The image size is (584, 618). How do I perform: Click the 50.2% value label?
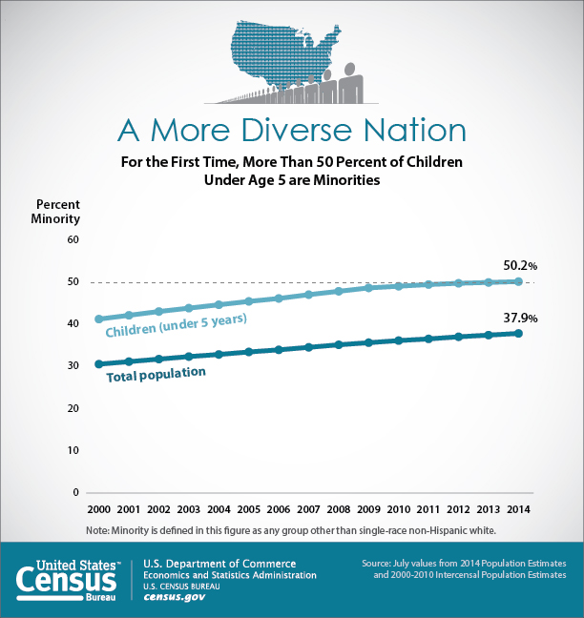pos(521,265)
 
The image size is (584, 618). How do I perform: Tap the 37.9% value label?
pos(521,318)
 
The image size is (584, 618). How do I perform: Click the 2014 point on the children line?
pos(518,281)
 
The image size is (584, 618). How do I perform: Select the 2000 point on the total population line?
pos(98,364)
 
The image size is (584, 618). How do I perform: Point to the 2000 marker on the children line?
pos(98,319)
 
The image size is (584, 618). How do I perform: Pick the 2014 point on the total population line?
pos(518,333)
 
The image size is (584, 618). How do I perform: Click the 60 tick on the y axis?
pos(72,239)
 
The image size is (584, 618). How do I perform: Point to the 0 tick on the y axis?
pos(74,492)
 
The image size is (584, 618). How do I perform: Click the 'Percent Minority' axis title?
pos(58,212)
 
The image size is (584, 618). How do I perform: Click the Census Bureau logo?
pos(68,580)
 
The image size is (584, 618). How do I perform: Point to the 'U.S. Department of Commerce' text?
pos(219,564)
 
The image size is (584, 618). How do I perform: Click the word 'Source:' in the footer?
pos(379,565)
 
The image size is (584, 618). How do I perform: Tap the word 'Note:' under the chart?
pos(97,530)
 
